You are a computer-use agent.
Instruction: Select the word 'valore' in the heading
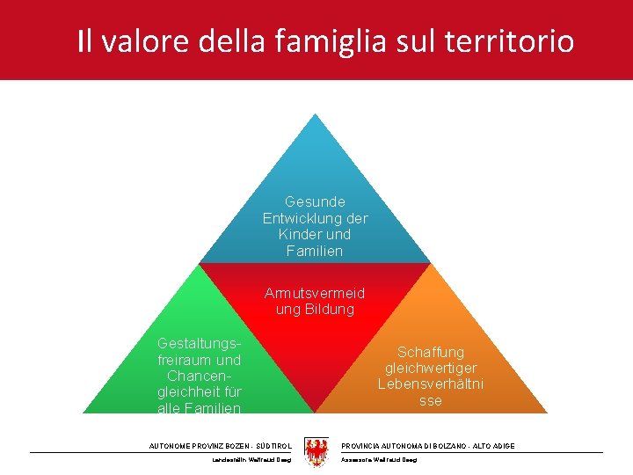141,40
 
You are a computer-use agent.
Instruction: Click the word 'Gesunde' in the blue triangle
315,201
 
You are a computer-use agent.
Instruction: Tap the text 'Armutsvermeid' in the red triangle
315,293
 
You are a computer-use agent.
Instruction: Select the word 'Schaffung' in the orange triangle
430,352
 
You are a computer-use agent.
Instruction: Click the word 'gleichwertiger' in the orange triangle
430,368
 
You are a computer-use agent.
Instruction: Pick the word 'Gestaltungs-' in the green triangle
199,343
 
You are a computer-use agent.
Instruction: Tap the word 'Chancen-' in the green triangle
199,376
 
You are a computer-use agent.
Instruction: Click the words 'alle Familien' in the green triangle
199,407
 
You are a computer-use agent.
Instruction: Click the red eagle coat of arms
316,452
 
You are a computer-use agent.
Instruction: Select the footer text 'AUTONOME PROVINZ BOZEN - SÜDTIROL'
221,446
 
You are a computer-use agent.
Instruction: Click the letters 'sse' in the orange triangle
430,400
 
